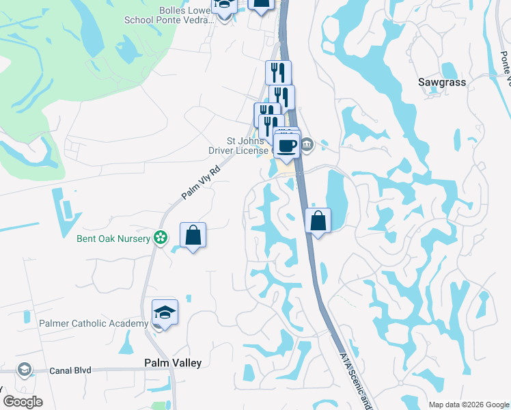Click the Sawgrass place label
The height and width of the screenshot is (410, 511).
(x=441, y=82)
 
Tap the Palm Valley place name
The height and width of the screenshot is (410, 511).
(x=172, y=363)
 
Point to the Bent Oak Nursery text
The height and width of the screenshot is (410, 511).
(x=114, y=238)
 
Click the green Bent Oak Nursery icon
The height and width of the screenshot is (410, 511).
(x=160, y=238)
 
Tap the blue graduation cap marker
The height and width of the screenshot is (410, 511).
(x=165, y=312)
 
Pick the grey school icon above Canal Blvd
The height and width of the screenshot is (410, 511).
(x=25, y=370)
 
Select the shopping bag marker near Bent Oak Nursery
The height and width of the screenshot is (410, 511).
(x=193, y=235)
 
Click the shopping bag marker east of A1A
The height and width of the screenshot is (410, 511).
(x=318, y=221)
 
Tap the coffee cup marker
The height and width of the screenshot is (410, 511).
(x=286, y=145)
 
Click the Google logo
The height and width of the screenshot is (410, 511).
(x=23, y=402)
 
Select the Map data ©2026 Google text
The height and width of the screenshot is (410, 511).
(x=468, y=405)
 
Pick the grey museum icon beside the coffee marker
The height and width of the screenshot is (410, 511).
(x=307, y=143)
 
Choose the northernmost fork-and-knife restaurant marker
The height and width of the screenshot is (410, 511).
(x=278, y=72)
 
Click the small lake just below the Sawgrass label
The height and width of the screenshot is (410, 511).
(x=450, y=70)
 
